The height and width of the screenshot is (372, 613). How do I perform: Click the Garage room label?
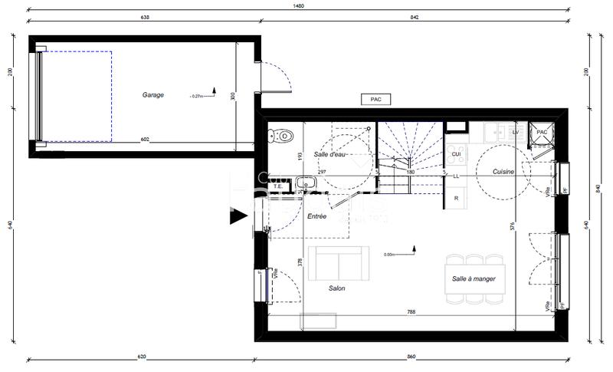(152, 95)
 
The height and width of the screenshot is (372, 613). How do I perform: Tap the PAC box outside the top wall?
(375, 99)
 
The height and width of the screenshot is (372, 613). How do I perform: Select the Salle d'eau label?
(330, 154)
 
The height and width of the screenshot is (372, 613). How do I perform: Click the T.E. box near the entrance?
(278, 185)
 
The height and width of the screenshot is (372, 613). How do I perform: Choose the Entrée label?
(316, 216)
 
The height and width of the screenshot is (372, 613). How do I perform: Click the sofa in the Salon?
(338, 263)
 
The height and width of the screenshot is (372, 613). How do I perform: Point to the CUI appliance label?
(455, 153)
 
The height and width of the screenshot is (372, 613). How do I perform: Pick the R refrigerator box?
(456, 198)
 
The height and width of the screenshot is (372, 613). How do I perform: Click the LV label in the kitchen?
(515, 133)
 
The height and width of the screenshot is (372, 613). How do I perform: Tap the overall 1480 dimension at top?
(299, 6)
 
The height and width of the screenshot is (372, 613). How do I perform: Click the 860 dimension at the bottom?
(411, 357)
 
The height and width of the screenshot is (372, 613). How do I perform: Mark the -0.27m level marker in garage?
(196, 97)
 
